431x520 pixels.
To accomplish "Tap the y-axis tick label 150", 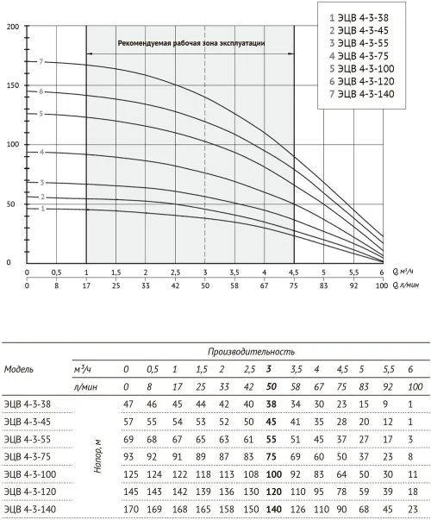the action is pyautogui.click(x=13, y=85).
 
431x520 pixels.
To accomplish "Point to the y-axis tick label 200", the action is pyautogui.click(x=13, y=27).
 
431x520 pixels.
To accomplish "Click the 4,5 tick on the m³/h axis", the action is pyautogui.click(x=294, y=273).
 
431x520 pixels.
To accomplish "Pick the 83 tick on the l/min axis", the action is pyautogui.click(x=323, y=285).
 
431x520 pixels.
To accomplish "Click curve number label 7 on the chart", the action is pyautogui.click(x=41, y=62).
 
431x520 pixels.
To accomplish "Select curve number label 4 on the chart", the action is pyautogui.click(x=41, y=153).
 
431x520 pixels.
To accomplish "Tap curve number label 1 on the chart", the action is pyautogui.click(x=42, y=209).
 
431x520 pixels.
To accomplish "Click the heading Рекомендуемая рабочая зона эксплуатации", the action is pyautogui.click(x=191, y=43).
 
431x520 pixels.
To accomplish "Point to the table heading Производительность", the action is pyautogui.click(x=251, y=352).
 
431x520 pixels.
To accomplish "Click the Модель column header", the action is pyautogui.click(x=19, y=369).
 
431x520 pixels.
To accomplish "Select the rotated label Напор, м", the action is pyautogui.click(x=97, y=456).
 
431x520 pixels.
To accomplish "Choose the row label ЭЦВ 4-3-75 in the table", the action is pyautogui.click(x=28, y=457).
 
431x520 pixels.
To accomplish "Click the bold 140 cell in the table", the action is pyautogui.click(x=274, y=510).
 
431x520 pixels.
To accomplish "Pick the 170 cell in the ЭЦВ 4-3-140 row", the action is pyautogui.click(x=131, y=510).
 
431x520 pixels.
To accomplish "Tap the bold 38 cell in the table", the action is pyautogui.click(x=272, y=404).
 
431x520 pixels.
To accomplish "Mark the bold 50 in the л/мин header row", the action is pyautogui.click(x=272, y=386).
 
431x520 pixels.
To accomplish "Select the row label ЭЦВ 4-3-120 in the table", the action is pyautogui.click(x=30, y=492).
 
